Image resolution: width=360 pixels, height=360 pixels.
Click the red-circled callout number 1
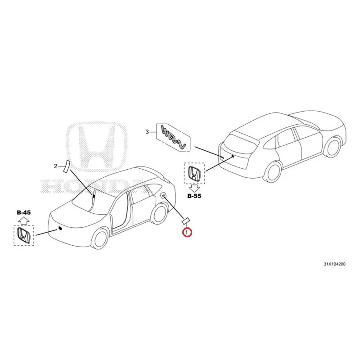click(187, 232)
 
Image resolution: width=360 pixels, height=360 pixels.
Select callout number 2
click(55, 166)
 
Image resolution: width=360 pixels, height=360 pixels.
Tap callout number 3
click(148, 132)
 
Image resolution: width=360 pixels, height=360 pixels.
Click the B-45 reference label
click(24, 212)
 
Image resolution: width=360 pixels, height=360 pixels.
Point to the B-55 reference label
click(194, 196)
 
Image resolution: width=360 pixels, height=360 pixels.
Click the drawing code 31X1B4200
click(334, 264)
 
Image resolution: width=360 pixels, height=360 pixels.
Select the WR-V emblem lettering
click(174, 137)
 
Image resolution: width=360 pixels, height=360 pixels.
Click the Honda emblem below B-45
click(24, 235)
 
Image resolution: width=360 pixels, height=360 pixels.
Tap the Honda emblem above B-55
click(194, 174)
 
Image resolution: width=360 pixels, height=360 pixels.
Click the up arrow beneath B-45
click(24, 220)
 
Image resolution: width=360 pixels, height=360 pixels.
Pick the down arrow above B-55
click(194, 188)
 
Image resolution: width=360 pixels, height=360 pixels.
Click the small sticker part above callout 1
click(185, 221)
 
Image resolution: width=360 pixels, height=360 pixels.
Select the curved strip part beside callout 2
click(66, 166)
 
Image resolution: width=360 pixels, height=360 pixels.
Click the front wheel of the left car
click(99, 238)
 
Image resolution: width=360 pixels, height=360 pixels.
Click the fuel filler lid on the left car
click(163, 195)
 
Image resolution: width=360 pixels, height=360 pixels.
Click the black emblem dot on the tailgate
click(233, 156)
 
